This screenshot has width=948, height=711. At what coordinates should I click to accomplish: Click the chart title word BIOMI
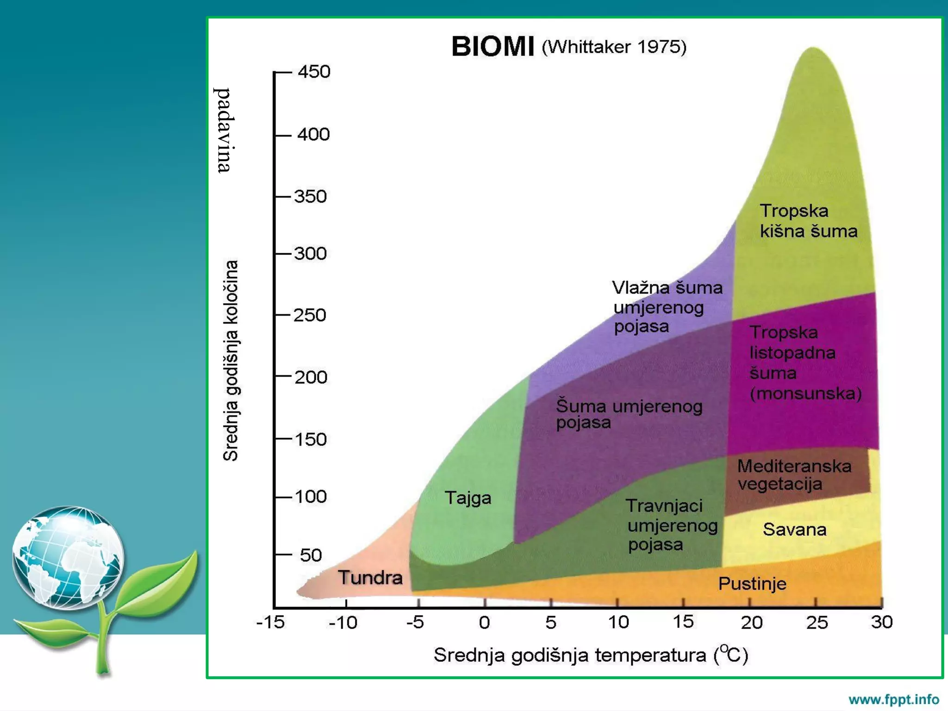coord(493,47)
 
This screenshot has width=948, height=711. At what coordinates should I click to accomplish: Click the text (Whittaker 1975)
coord(614,47)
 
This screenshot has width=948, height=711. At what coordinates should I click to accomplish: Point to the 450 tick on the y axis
coord(314,72)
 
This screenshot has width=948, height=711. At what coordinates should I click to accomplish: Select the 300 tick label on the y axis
coord(311,254)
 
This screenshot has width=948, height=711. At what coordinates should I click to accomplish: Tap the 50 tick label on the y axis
coord(311,555)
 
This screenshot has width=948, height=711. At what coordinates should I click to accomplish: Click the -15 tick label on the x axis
coord(270,622)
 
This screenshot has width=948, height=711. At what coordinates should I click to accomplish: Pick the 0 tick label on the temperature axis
coord(484,623)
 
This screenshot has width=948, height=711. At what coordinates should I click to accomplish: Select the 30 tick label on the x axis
coord(881,622)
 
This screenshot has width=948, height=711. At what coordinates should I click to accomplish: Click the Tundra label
coord(370,578)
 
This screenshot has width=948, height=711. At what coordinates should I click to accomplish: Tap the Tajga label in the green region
coord(468,498)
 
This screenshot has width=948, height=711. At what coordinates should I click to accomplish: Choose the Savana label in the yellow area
coord(794,530)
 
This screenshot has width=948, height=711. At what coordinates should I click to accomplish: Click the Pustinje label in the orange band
coord(752,584)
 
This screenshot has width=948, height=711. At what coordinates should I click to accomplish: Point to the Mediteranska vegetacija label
coord(794,475)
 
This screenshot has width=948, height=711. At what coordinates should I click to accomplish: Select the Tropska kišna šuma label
coord(808,221)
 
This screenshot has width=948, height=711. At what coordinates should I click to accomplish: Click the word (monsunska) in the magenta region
coord(805,393)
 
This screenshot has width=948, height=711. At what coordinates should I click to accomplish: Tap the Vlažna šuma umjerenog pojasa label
coord(667,307)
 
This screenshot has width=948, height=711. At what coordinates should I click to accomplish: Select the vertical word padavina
coord(224,130)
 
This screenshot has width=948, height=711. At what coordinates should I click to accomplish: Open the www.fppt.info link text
coord(893,699)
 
